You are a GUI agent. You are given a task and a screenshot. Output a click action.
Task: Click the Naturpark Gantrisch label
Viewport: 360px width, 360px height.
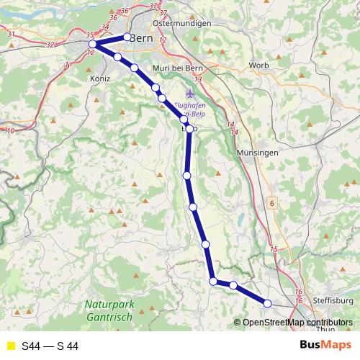[x=108, y=310]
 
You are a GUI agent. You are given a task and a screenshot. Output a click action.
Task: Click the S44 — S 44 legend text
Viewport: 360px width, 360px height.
[x=50, y=346]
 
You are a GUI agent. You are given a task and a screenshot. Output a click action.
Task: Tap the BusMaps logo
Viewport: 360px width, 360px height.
[x=325, y=346]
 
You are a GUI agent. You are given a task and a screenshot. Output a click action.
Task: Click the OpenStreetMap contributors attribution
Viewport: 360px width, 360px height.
[x=297, y=323]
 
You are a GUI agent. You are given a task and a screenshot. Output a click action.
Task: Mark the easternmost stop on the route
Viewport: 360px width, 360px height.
[x=267, y=303]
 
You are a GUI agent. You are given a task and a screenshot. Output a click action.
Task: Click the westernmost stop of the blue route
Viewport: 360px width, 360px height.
[x=92, y=45]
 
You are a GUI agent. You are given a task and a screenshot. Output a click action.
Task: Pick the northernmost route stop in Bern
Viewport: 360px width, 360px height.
[x=127, y=37]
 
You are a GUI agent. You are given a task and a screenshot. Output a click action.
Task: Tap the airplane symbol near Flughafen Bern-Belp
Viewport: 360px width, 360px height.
[x=190, y=94]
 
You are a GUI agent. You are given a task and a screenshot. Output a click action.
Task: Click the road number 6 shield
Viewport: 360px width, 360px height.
[x=272, y=204]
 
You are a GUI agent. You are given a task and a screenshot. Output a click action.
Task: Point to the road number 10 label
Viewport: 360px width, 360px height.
[x=10, y=131]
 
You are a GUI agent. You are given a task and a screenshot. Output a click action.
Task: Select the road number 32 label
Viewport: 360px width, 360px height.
[x=50, y=45]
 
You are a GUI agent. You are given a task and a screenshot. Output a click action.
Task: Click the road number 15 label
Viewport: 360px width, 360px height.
[x=273, y=249]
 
